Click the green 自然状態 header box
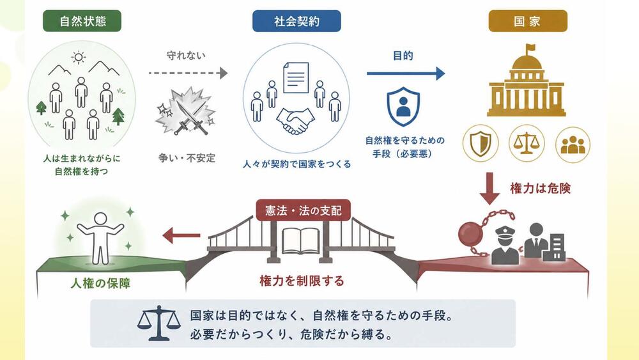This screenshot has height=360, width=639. pos(82,21)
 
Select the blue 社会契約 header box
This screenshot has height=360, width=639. pos(296,21)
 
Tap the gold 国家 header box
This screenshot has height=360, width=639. pos(528,21)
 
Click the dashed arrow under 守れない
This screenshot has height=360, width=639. pos(188,73)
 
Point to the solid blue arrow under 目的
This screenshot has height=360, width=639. pos(406,74)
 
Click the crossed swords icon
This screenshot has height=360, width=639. pos(185,111)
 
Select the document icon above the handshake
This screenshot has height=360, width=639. pos(296,77)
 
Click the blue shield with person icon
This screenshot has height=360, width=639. pos(403,106)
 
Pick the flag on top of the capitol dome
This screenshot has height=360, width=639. pos(530,49)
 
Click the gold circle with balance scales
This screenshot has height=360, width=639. pos(527,143)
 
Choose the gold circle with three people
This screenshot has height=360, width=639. pos(573,145)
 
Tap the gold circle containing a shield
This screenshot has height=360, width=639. pos(481,143)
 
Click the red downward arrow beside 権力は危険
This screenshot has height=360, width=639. pos(489,188)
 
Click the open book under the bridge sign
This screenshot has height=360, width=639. pos(301,241)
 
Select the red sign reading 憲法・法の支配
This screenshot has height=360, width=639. pos(303,210)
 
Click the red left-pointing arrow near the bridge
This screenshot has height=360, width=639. pos(181,235)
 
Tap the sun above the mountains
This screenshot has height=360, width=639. pos(78,57)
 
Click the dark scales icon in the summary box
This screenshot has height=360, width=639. pos(159,324)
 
